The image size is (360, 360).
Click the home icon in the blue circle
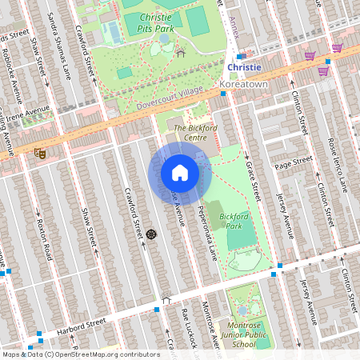tap(180, 172)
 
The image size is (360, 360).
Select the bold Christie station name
tap(244, 67)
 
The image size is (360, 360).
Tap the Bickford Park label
tap(234, 222)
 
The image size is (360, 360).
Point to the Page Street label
tap(293, 162)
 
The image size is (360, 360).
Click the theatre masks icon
tap(39, 152)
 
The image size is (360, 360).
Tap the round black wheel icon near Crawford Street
tap(150, 234)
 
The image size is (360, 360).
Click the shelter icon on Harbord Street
tap(166, 300)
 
